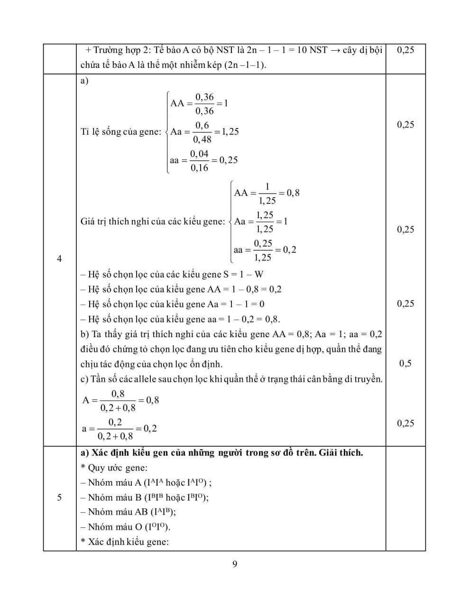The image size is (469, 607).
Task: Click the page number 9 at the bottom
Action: coord(235,564)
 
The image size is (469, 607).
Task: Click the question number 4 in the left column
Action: coord(59,258)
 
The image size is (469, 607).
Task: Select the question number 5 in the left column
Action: coord(59,497)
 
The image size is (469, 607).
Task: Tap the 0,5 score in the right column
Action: coord(405,364)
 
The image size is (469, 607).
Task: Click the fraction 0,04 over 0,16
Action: coord(199,161)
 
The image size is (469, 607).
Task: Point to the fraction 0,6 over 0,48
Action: coord(202,132)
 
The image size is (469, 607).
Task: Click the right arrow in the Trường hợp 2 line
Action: coord(335,50)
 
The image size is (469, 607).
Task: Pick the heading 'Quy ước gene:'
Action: coord(118,468)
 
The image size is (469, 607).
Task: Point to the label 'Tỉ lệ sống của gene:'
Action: coord(121,132)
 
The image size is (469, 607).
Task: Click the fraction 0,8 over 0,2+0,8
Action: coord(118,401)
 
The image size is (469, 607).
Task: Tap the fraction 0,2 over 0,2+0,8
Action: coord(115,429)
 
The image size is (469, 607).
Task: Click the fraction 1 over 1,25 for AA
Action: coord(267,193)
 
